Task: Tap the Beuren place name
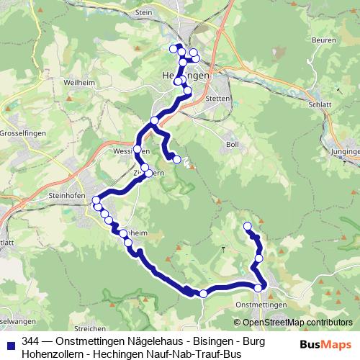pos(325,40)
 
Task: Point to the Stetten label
pos(217,97)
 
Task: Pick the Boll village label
pos(232,145)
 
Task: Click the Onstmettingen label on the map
pos(261,305)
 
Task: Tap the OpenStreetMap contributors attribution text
pos(297,323)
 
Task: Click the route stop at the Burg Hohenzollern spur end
pos(176,159)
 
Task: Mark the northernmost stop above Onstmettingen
pos(247,227)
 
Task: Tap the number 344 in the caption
pos(31,341)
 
